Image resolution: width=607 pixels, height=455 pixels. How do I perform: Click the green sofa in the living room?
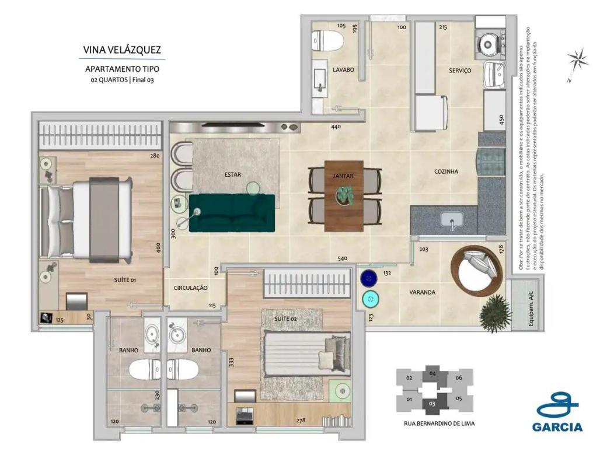pyautogui.click(x=232, y=212)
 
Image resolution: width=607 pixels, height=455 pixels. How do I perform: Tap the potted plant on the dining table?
pyautogui.click(x=344, y=194)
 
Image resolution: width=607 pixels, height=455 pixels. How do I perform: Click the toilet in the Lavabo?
pyautogui.click(x=326, y=40)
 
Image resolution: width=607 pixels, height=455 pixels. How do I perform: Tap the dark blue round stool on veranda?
pyautogui.click(x=368, y=278)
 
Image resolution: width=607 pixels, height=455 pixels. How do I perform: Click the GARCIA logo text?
pyautogui.click(x=557, y=426)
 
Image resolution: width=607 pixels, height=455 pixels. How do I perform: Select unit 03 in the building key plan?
pyautogui.click(x=432, y=403)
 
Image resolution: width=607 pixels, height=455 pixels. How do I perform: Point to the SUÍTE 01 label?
pyautogui.click(x=125, y=280)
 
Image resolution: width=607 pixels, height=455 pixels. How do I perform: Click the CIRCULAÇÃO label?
pyautogui.click(x=191, y=288)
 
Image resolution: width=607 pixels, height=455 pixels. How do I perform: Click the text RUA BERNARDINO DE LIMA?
pyautogui.click(x=439, y=424)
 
